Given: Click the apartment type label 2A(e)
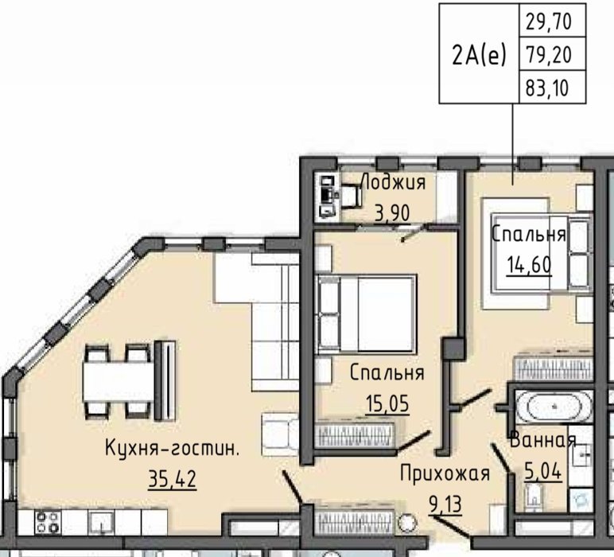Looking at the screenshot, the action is [x=479, y=55].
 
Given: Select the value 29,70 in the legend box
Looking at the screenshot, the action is [x=549, y=21].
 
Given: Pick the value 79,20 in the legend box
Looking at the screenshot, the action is [x=549, y=54].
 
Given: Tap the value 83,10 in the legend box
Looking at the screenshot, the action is [x=547, y=88].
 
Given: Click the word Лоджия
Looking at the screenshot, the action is [x=393, y=182].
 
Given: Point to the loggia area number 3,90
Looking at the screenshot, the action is [x=392, y=213].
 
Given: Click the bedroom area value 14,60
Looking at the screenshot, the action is [x=529, y=265].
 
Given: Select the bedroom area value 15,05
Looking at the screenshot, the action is [x=387, y=403].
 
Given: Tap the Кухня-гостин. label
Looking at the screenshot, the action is [x=172, y=448].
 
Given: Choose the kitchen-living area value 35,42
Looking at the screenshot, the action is [x=173, y=479].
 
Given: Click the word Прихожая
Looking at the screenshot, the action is [x=445, y=473].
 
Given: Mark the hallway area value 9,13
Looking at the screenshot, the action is [x=445, y=504].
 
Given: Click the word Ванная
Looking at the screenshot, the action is [x=542, y=440].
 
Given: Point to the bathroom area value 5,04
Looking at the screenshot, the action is [x=543, y=471].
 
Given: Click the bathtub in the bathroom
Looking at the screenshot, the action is [x=554, y=407].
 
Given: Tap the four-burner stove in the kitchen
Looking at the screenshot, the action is [x=48, y=523].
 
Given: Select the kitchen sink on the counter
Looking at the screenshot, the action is [x=101, y=523].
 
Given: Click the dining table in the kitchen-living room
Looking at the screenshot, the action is [x=118, y=381].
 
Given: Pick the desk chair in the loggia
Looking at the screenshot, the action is [x=352, y=196].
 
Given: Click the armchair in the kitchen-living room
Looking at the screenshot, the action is [x=281, y=434].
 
